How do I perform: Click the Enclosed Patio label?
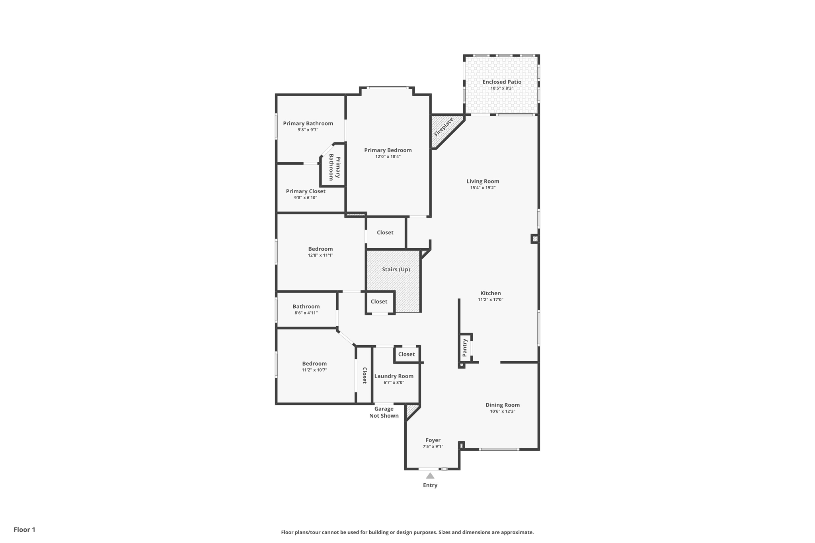501,82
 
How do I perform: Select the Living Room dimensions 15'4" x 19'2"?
483,188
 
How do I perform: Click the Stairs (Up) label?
396,270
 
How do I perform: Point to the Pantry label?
464,348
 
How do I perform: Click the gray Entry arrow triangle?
430,476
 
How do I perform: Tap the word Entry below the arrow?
430,485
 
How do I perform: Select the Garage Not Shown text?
384,412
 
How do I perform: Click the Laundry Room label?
394,376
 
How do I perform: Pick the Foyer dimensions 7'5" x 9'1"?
433,447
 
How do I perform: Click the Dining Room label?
502,405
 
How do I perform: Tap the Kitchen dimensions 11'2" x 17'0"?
490,300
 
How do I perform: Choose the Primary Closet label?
306,191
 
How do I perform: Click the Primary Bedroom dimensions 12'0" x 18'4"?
388,157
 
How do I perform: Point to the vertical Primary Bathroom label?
334,167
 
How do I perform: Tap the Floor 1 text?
24,529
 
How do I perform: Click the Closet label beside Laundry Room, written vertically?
364,375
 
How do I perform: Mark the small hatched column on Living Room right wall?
535,239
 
